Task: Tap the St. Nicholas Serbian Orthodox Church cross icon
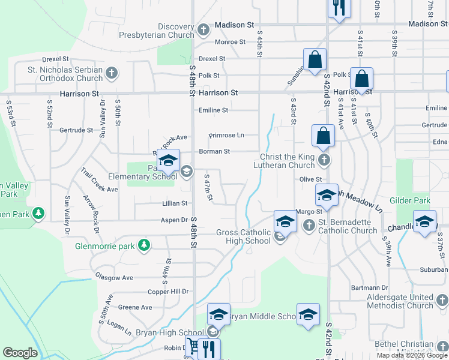pos(111,74)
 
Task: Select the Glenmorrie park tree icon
pos(143,245)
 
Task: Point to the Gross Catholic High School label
pos(243,236)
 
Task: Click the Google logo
pos(20,353)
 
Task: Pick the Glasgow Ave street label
pos(114,277)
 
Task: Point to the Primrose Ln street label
pos(226,135)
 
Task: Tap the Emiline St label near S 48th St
pos(213,110)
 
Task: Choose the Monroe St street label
pos(231,42)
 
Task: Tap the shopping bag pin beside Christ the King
pos(323,136)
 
